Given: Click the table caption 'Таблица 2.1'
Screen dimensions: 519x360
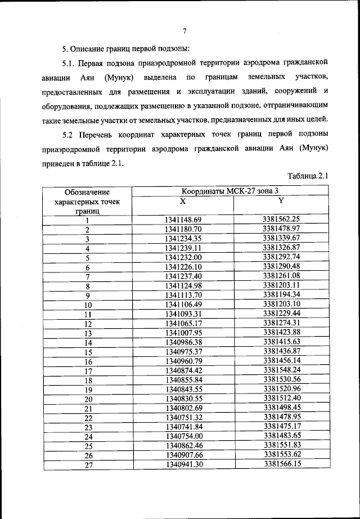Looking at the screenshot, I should click(308, 176).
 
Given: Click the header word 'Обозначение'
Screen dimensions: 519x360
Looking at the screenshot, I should click(87, 193).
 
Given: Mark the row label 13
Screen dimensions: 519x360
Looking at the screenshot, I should click(88, 333).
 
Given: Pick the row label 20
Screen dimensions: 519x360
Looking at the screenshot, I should click(88, 399).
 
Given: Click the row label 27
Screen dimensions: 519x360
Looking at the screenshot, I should click(88, 465).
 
